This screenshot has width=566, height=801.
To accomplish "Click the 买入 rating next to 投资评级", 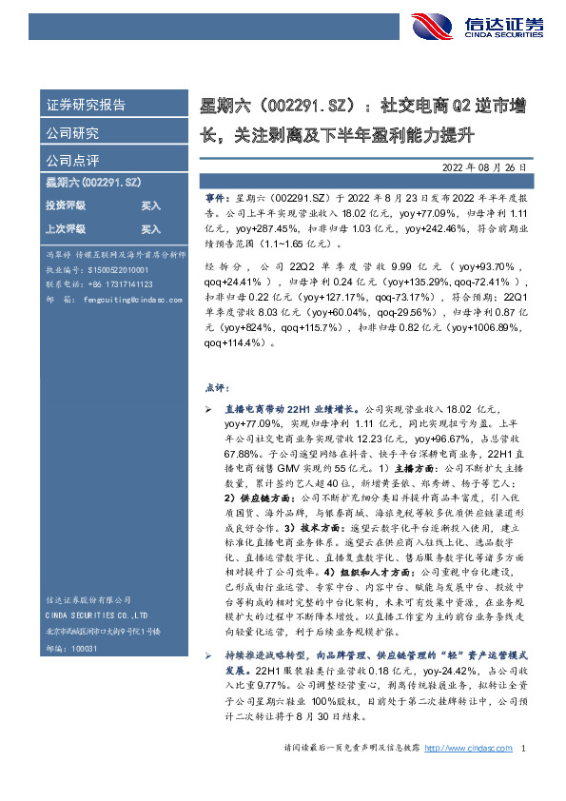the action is [151, 205].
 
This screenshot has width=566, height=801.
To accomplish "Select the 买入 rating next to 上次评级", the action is [151, 229].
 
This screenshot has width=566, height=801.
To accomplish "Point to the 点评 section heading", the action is [217, 388].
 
